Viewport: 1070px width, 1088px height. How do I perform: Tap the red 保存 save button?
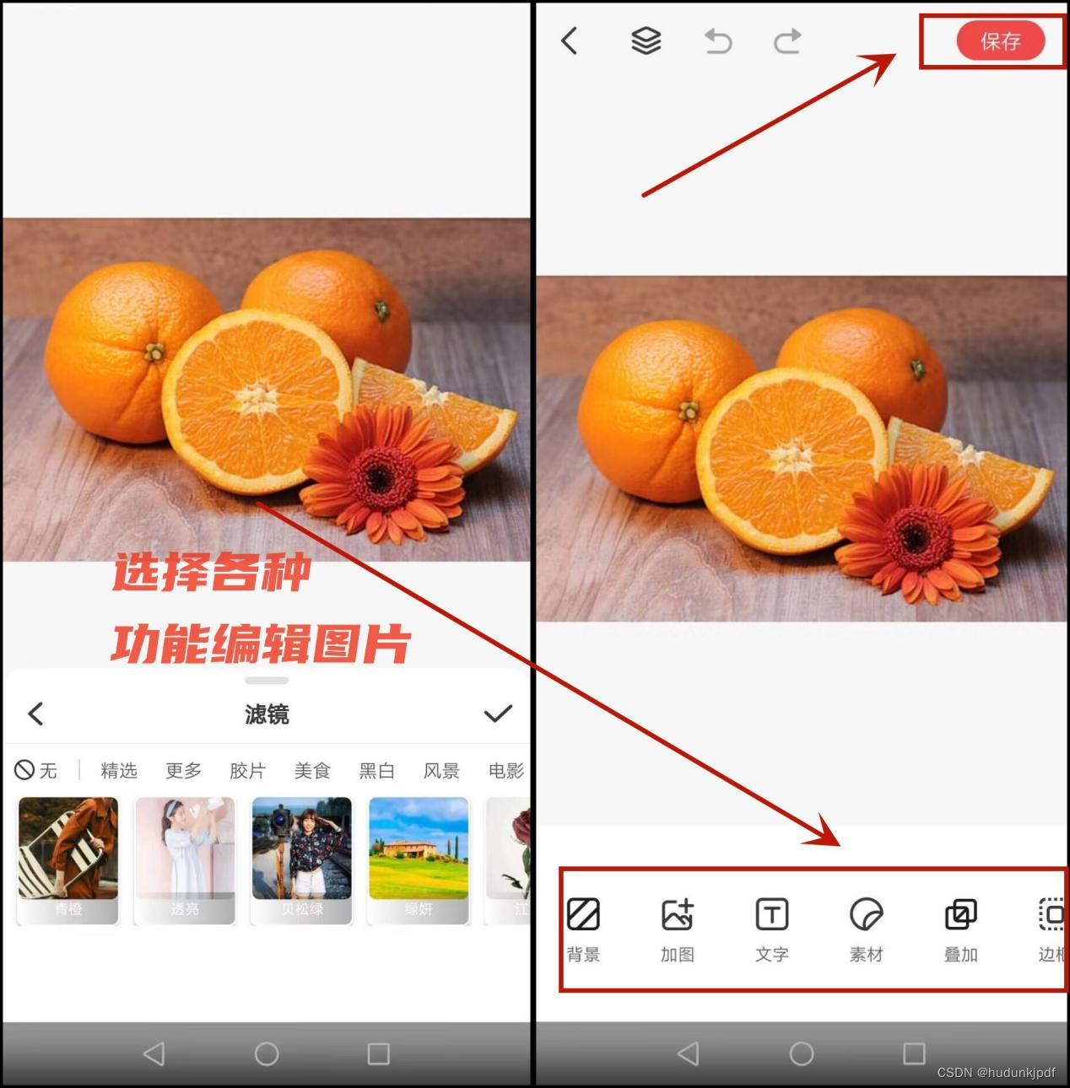coord(1000,40)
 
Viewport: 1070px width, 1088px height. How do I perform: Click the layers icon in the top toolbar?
coord(646,40)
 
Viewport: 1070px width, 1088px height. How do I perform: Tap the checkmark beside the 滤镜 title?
coord(498,714)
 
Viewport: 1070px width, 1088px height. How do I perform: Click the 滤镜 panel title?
coord(267,714)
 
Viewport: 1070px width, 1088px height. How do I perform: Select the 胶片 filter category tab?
coord(247,770)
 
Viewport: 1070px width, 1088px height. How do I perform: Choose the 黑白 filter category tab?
coord(376,770)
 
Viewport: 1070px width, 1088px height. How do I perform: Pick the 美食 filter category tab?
coord(312,770)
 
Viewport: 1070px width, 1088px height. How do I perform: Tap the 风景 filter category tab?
coord(441,770)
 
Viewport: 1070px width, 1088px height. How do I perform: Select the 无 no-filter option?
coord(36,770)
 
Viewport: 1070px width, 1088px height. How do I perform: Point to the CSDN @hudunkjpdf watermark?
coord(996,1072)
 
